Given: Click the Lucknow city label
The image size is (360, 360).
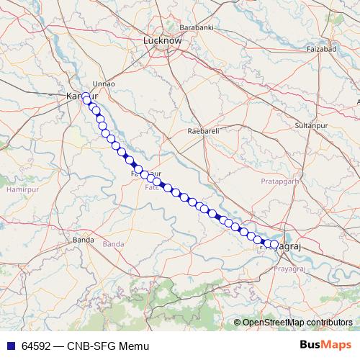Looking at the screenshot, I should (x=162, y=41).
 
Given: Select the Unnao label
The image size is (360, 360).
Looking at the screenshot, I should (x=104, y=84).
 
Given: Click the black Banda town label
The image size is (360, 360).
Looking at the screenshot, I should (x=84, y=239).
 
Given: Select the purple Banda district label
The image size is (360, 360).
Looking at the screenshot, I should (x=113, y=245).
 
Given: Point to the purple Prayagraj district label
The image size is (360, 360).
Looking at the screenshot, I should (x=290, y=268).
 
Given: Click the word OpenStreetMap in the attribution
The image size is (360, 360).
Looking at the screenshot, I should (x=274, y=323).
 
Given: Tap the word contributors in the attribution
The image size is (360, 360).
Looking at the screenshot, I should (x=329, y=323).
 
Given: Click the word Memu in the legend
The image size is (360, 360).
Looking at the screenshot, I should (x=135, y=346).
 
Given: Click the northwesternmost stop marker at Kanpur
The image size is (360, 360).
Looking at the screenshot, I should (x=86, y=97).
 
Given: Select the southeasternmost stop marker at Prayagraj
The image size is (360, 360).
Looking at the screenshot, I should (x=274, y=245).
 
